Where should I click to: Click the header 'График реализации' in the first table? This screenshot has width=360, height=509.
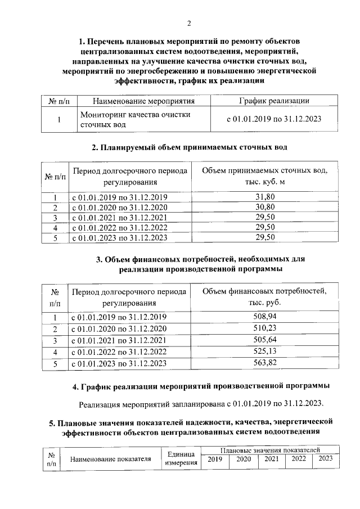pyautogui.click(x=273, y=101)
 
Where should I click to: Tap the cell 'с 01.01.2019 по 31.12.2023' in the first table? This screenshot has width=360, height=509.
pyautogui.click(x=273, y=120)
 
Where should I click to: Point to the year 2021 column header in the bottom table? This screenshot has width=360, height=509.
pyautogui.click(x=271, y=460)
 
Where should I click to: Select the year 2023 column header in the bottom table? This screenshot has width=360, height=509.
pyautogui.click(x=326, y=460)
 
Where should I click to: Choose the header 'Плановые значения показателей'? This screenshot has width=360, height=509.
pyautogui.click(x=271, y=451)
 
